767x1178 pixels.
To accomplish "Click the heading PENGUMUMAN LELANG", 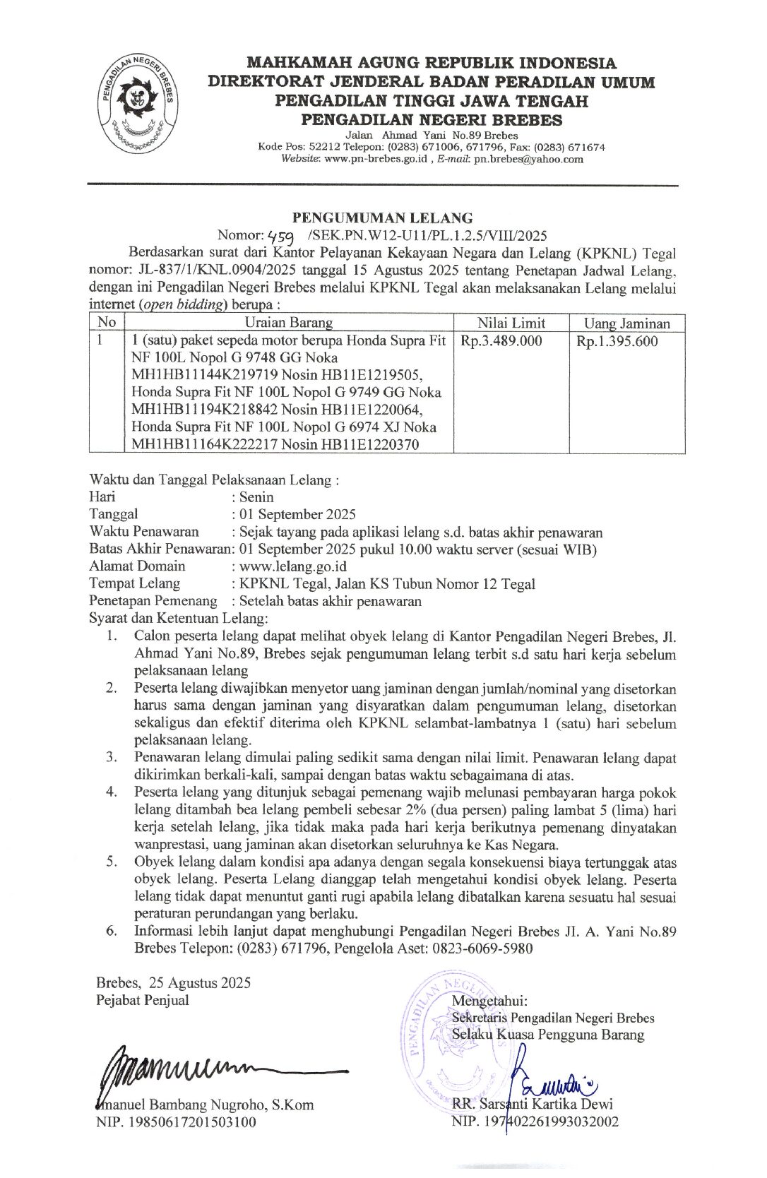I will click(x=383, y=218).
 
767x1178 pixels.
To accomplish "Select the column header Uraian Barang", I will click(x=288, y=323).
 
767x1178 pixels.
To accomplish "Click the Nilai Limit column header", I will click(x=511, y=323).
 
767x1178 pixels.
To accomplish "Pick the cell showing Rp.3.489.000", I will click(x=501, y=341).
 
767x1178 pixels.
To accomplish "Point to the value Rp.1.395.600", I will click(x=617, y=341).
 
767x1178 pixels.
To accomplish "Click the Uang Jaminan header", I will click(x=626, y=323).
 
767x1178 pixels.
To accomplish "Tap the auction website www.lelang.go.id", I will click(x=292, y=566).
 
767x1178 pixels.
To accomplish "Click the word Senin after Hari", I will click(x=256, y=496).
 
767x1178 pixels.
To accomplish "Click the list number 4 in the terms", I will click(x=112, y=792).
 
